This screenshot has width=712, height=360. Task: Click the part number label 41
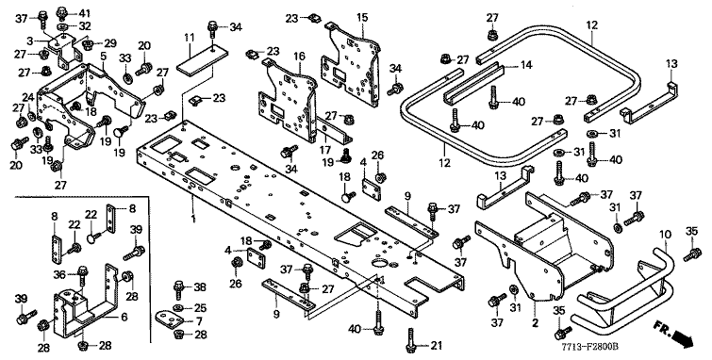[x=85, y=12]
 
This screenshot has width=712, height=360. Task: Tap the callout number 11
[x=190, y=38]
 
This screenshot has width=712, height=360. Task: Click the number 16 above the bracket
[x=299, y=57]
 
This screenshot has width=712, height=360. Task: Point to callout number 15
[x=362, y=18]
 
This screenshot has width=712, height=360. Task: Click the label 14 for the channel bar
[x=525, y=65]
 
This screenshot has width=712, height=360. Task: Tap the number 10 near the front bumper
[x=665, y=235]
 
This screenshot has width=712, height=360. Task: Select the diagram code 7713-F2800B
[x=589, y=348]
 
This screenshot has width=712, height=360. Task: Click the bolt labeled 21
[x=410, y=339]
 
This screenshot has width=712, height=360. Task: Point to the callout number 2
[x=535, y=323]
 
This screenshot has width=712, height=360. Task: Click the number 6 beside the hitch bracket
[x=124, y=317]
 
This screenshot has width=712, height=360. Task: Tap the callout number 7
[x=199, y=321]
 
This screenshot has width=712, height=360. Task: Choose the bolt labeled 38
[x=178, y=289]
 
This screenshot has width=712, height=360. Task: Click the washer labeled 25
[x=179, y=308]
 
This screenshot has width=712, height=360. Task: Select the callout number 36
[x=59, y=274]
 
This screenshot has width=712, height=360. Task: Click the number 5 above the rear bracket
[x=104, y=57]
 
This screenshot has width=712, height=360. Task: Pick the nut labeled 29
[x=89, y=43]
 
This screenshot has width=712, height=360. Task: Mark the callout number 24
[x=28, y=97]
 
